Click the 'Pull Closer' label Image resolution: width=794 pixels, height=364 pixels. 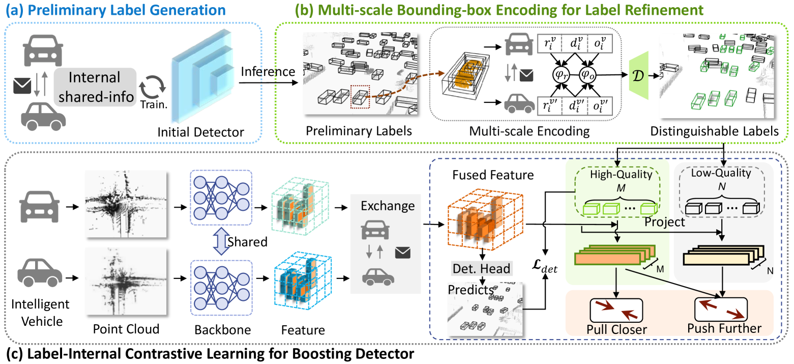[x=616, y=329]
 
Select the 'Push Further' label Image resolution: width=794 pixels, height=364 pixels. [x=724, y=327]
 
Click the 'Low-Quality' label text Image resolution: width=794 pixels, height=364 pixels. [x=721, y=173]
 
